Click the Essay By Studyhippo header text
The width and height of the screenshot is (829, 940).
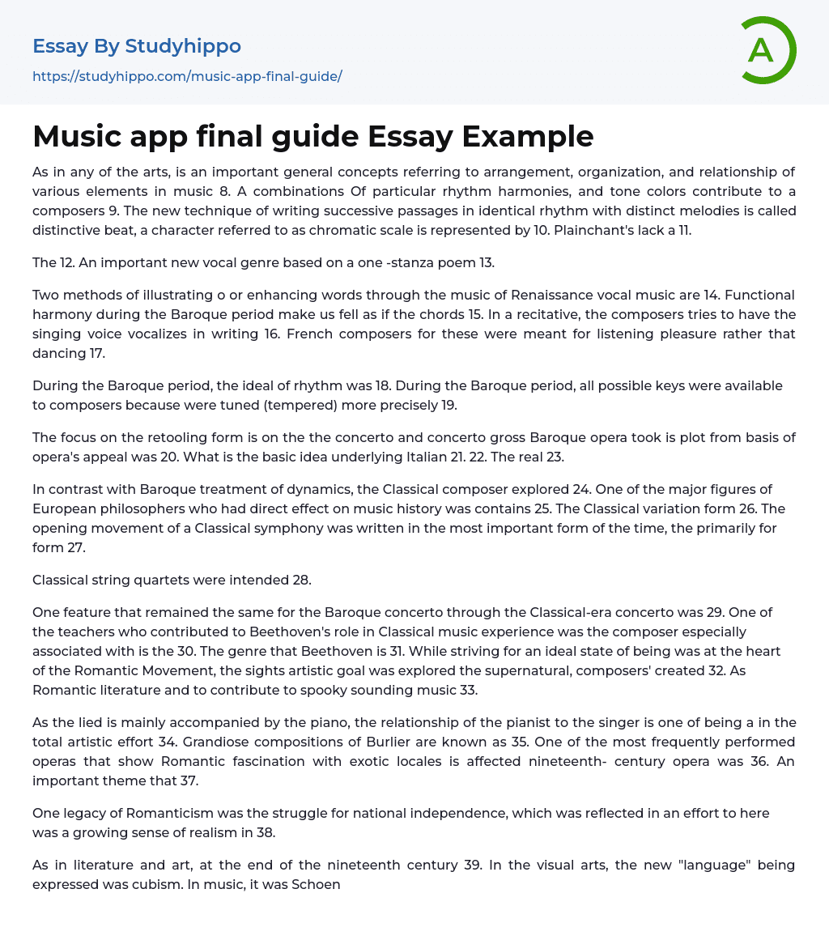click(x=137, y=46)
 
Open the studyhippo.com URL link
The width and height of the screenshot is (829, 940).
click(x=187, y=76)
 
